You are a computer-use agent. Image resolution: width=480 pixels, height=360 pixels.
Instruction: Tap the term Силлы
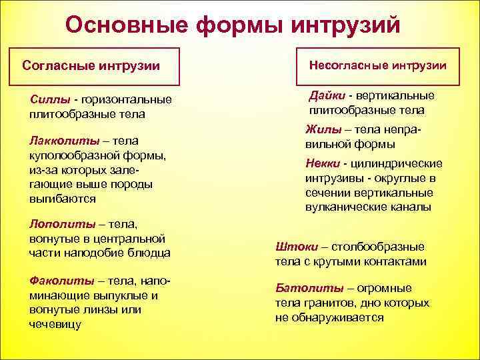[x=50, y=100]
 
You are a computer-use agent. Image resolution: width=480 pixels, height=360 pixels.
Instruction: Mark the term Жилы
[x=319, y=130]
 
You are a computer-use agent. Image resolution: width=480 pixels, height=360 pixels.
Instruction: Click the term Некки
[x=322, y=164]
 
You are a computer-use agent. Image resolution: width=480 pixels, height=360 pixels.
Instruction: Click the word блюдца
[x=146, y=253]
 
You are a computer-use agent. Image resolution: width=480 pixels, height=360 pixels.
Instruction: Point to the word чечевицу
[x=55, y=324]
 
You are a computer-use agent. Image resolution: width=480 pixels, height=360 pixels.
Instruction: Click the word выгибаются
[x=62, y=199]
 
